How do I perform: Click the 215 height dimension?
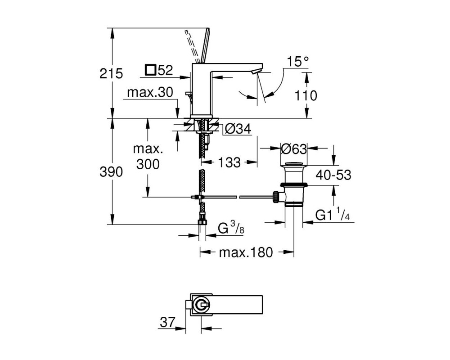pos(111,74)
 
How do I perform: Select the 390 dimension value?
pos(111,172)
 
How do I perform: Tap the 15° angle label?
pos(298,62)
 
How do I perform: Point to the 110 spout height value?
pos(306,95)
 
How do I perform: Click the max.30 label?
pos(150,92)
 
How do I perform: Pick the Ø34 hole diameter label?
pos(238,129)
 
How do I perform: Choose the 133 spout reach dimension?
pos(229,163)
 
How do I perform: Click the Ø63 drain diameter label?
pos(293,148)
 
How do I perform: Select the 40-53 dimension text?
pos(333,175)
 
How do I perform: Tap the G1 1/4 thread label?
pos(333,215)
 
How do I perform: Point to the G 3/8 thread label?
pos(231,228)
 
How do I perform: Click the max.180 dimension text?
pos(246,252)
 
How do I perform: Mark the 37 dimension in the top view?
pos(167,322)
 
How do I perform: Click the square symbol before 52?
pos(150,70)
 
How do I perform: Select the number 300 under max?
pos(148,164)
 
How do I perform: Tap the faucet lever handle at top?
pos(205,45)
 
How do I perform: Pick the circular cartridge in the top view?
pos(201,306)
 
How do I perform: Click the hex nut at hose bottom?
pos(203,223)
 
